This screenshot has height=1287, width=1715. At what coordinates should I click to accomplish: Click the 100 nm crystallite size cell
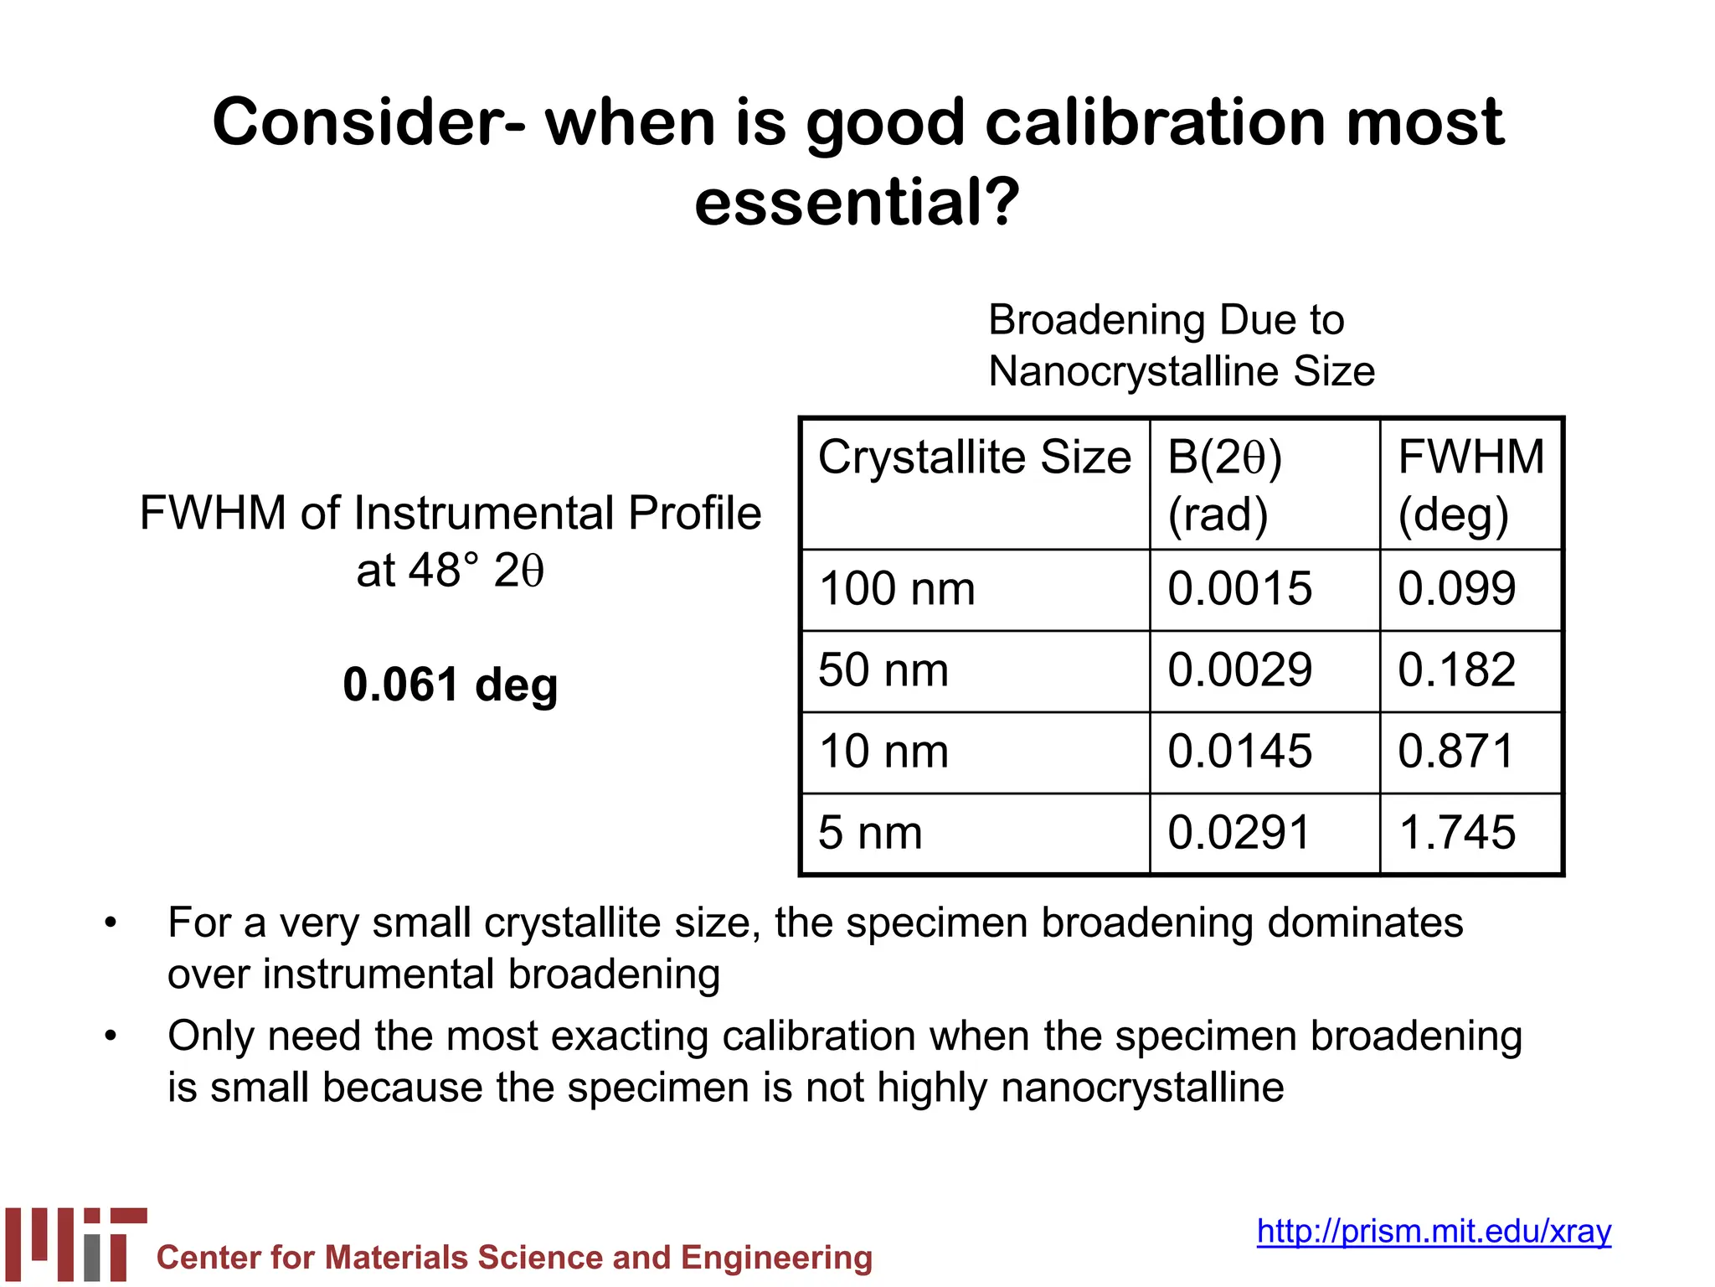(897, 589)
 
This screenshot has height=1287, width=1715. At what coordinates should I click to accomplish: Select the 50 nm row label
(883, 670)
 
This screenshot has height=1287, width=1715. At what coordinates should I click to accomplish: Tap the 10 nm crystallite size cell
(883, 752)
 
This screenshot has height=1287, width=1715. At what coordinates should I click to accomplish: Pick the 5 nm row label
(870, 833)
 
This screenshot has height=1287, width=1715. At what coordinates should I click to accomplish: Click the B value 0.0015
(1239, 589)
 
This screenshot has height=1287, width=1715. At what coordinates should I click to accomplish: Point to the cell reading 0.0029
(1239, 670)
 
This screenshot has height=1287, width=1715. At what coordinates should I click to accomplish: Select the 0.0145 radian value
(1239, 752)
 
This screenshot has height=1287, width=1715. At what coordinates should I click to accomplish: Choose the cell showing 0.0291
(1239, 833)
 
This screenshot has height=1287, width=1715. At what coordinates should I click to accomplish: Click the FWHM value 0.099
(1456, 589)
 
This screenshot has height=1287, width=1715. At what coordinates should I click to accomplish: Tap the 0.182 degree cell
(1456, 670)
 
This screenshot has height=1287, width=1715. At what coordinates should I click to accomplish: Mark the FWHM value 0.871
(1456, 752)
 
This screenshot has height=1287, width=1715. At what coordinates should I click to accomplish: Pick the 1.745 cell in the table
(1456, 833)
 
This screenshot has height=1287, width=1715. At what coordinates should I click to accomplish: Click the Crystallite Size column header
(974, 458)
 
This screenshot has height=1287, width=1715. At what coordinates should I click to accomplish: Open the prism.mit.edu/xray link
(1434, 1232)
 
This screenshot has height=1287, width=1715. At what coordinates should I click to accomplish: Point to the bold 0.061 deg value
(450, 685)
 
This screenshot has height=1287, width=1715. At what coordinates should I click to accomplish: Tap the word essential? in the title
(857, 202)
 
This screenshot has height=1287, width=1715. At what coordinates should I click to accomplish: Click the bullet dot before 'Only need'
(111, 1036)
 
